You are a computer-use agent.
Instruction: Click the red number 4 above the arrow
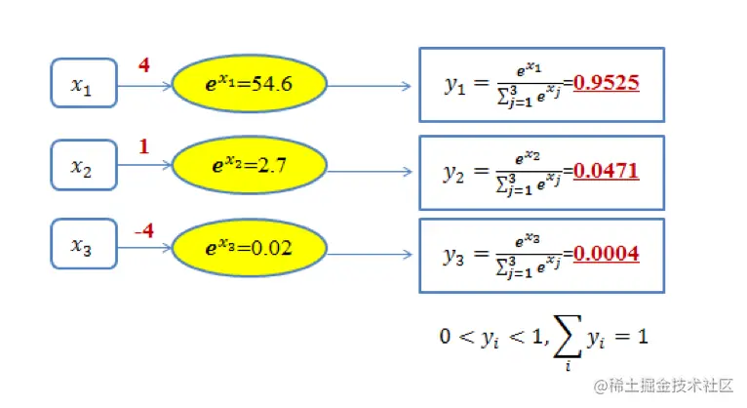[144, 66]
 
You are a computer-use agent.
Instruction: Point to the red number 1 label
[143, 147]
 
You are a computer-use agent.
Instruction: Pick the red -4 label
[143, 232]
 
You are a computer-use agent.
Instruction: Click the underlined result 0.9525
[606, 83]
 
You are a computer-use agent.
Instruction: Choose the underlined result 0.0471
[606, 171]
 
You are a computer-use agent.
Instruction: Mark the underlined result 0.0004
[606, 254]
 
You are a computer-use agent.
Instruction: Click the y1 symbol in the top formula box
[455, 86]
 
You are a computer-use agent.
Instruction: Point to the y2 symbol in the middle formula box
[454, 173]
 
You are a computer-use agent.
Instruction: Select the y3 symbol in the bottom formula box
[454, 256]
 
